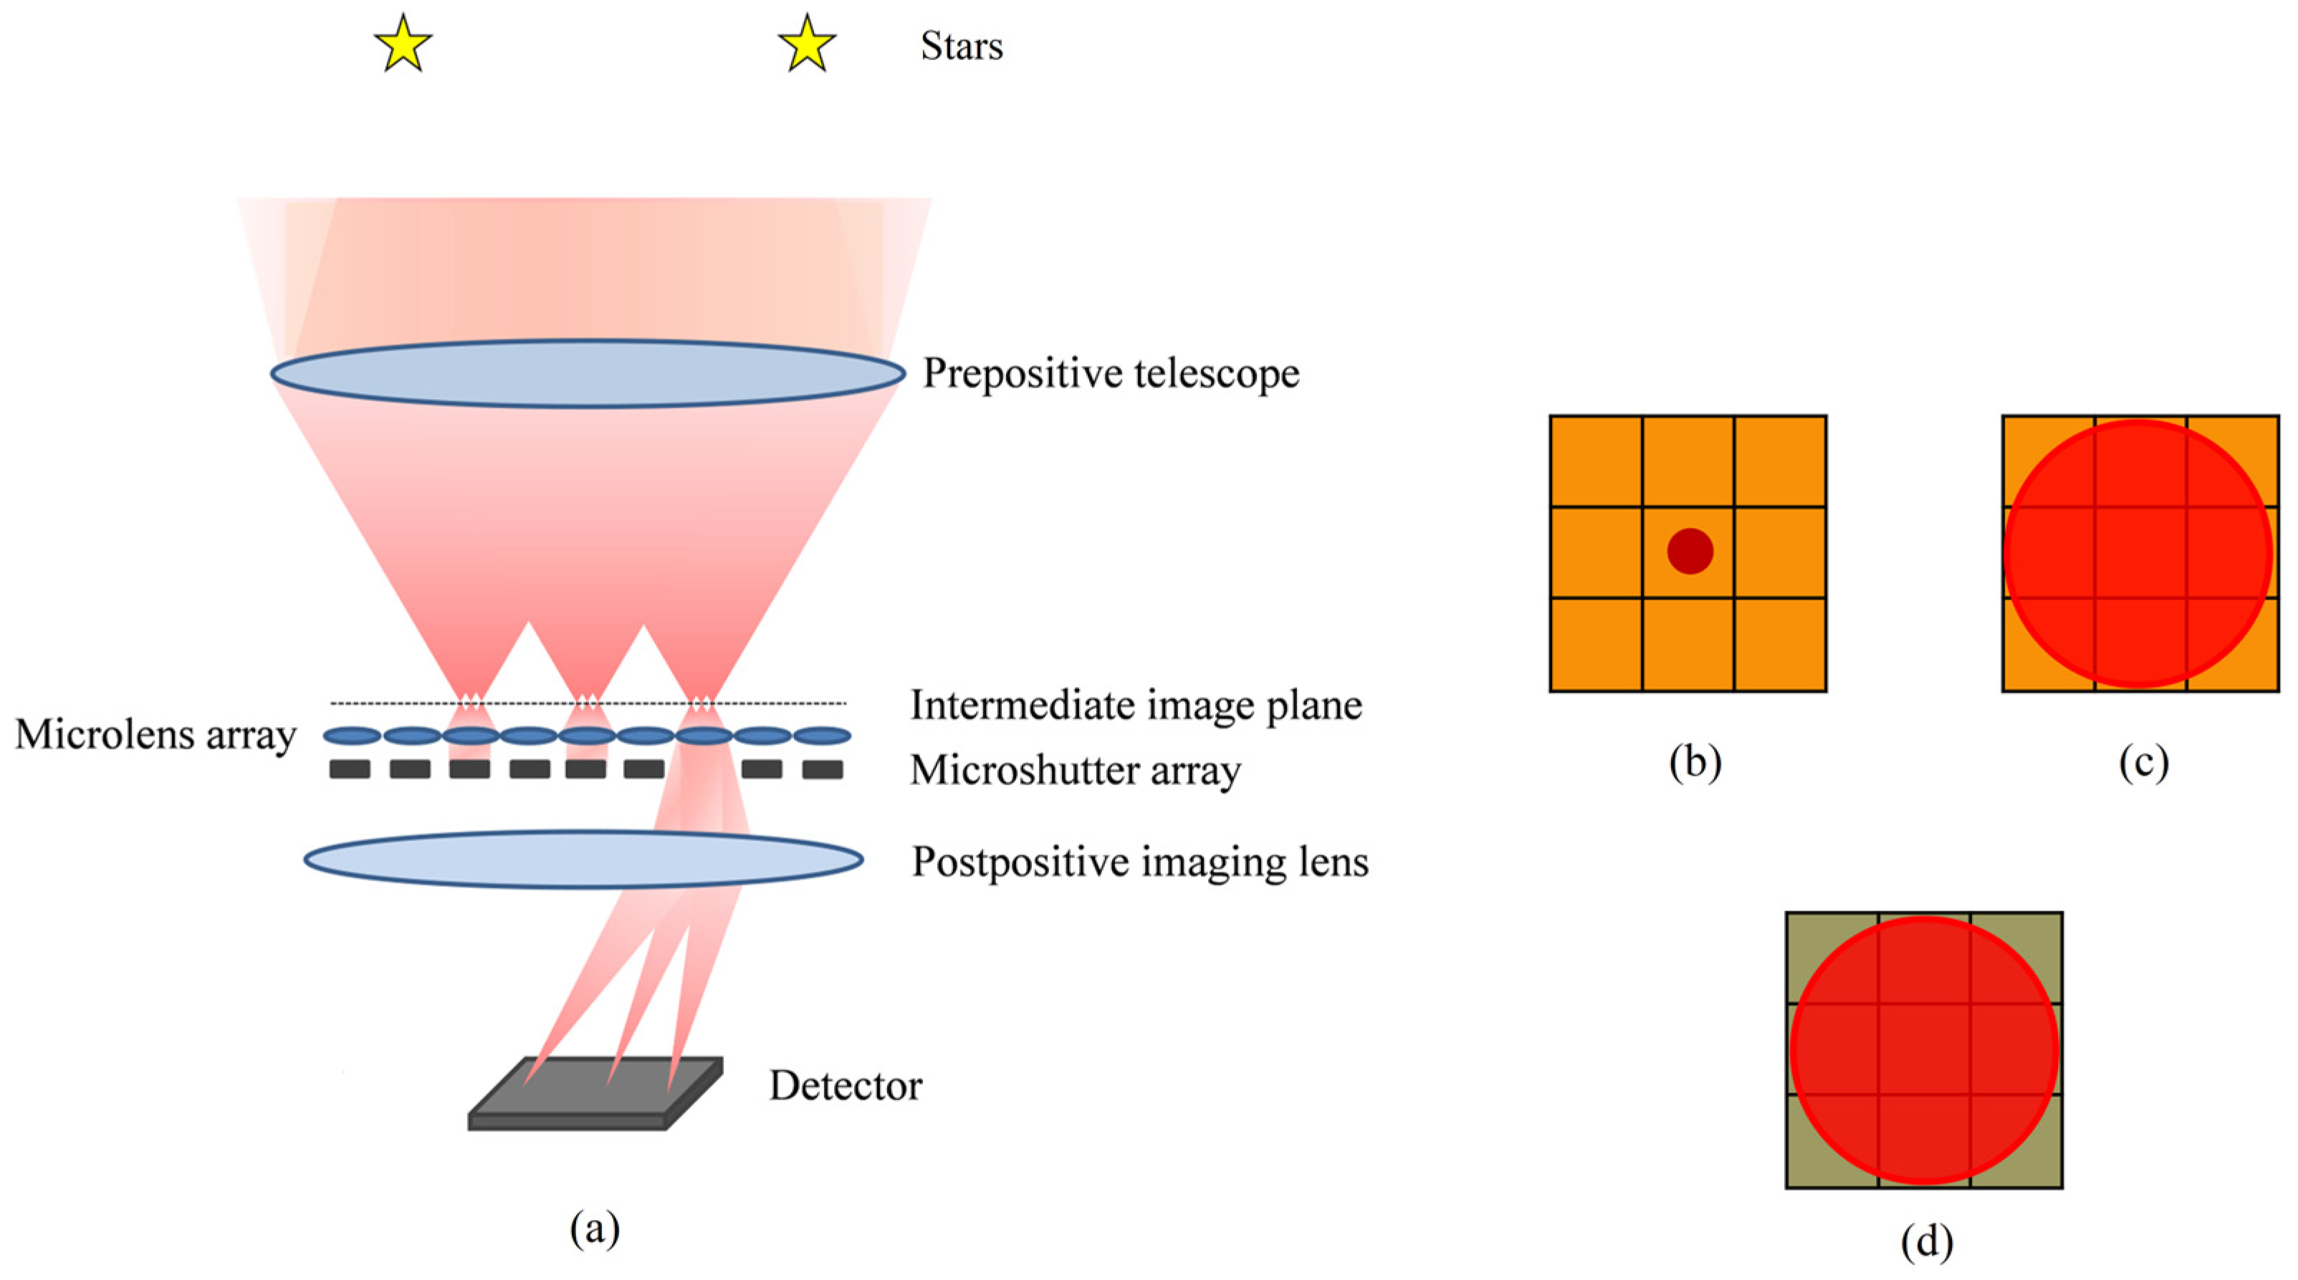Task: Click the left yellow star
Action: (403, 44)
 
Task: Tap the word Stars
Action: (962, 47)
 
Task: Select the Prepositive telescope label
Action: (1111, 373)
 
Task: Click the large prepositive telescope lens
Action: (588, 373)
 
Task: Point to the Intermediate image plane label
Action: (1136, 706)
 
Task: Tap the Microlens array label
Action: (155, 735)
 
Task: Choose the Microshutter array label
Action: (1075, 771)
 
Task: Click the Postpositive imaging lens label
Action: (1139, 862)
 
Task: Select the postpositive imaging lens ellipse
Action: (583, 859)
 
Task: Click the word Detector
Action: (845, 1086)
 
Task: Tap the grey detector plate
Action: (595, 1095)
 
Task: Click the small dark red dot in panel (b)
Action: (1690, 552)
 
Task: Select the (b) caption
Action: (1694, 763)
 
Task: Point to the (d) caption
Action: (1926, 1241)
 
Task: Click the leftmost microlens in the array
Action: (352, 736)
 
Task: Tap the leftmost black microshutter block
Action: (350, 769)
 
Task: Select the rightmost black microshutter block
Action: (822, 769)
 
